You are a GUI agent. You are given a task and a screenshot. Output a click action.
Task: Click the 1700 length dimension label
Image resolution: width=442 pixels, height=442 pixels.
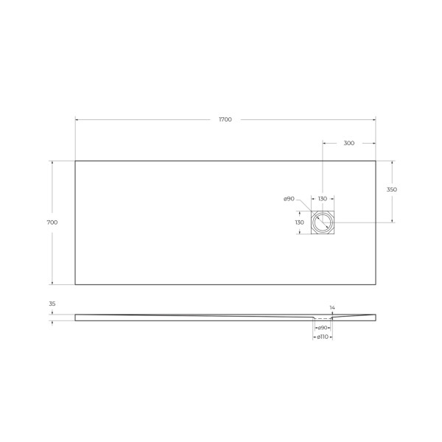click(225, 119)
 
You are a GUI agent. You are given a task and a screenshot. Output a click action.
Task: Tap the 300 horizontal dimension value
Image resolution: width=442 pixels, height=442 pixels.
click(349, 143)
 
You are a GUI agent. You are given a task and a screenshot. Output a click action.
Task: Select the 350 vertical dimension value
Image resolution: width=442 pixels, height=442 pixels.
click(392, 190)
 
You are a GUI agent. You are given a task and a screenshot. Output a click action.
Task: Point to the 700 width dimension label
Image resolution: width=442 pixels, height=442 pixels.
click(52, 222)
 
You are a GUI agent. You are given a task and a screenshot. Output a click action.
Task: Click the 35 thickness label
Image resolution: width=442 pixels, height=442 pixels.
click(52, 304)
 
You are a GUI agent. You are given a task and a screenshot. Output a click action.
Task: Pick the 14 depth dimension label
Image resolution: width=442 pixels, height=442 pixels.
click(332, 307)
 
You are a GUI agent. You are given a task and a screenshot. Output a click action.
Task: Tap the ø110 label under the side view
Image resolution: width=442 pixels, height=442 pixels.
click(322, 337)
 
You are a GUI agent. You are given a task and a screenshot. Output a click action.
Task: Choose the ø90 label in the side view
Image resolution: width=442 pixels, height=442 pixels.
click(322, 327)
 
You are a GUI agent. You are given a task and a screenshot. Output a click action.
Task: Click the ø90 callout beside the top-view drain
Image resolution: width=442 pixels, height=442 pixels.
click(289, 199)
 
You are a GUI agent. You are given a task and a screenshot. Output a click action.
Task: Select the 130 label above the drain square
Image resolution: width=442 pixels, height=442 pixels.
click(323, 199)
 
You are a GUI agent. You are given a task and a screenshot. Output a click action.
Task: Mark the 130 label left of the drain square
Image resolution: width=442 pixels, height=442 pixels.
click(299, 222)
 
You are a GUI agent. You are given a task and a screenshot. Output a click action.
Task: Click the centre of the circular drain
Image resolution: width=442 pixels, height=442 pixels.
click(323, 222)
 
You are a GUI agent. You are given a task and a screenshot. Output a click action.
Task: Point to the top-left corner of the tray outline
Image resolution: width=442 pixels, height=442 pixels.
click(75, 161)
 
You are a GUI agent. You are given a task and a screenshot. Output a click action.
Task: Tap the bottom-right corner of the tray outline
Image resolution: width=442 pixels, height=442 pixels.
click(376, 284)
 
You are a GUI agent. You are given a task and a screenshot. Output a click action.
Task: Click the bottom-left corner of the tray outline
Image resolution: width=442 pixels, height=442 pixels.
click(75, 284)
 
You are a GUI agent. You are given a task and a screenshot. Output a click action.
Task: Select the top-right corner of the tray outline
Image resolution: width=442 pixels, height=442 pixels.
click(376, 161)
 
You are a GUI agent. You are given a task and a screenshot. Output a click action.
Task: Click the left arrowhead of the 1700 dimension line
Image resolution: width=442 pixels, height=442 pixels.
click(77, 119)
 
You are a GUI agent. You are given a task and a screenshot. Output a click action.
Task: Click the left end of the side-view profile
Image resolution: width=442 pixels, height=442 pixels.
click(76, 318)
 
